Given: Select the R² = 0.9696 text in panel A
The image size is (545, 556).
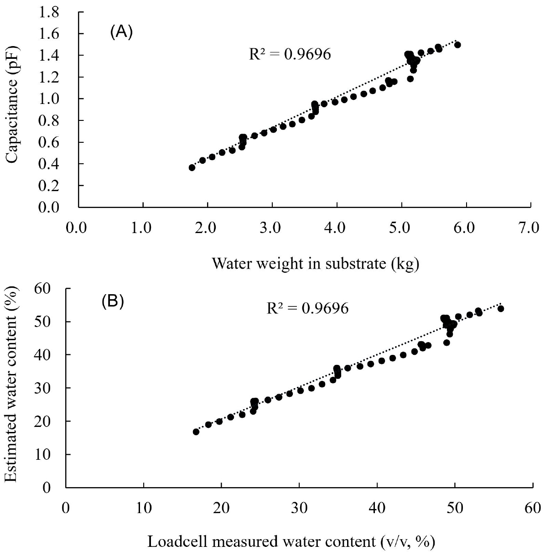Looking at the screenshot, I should pos(289,54).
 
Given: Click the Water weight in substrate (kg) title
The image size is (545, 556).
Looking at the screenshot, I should pos(315,264).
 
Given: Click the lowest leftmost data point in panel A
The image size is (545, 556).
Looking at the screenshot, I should pos(192,168).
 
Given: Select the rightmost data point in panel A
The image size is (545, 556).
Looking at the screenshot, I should pos(457,45).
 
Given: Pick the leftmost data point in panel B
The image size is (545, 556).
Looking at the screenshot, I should pos(196,431).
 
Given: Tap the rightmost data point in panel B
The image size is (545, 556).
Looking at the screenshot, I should pos(500,309).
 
